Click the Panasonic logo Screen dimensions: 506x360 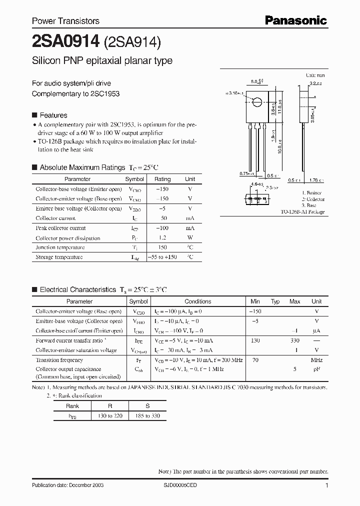[x=295, y=20]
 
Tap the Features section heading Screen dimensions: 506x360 [x=53, y=115]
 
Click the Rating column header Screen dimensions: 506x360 [x=162, y=179]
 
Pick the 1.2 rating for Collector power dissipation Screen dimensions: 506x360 [x=162, y=238]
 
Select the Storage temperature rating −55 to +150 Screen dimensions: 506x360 [x=162, y=257]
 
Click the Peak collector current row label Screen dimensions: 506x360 [x=60, y=228]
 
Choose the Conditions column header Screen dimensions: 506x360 [x=198, y=301]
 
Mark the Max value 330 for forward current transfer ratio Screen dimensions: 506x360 [x=294, y=340]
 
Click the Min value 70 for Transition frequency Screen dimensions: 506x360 [x=255, y=360]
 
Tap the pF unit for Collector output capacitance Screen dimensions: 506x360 [x=316, y=369]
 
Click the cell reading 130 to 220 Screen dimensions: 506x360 [x=110, y=416]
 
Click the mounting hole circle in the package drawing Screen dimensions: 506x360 [x=256, y=103]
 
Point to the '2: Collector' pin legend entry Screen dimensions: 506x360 [x=313, y=199]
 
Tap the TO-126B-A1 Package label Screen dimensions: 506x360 [x=302, y=212]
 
